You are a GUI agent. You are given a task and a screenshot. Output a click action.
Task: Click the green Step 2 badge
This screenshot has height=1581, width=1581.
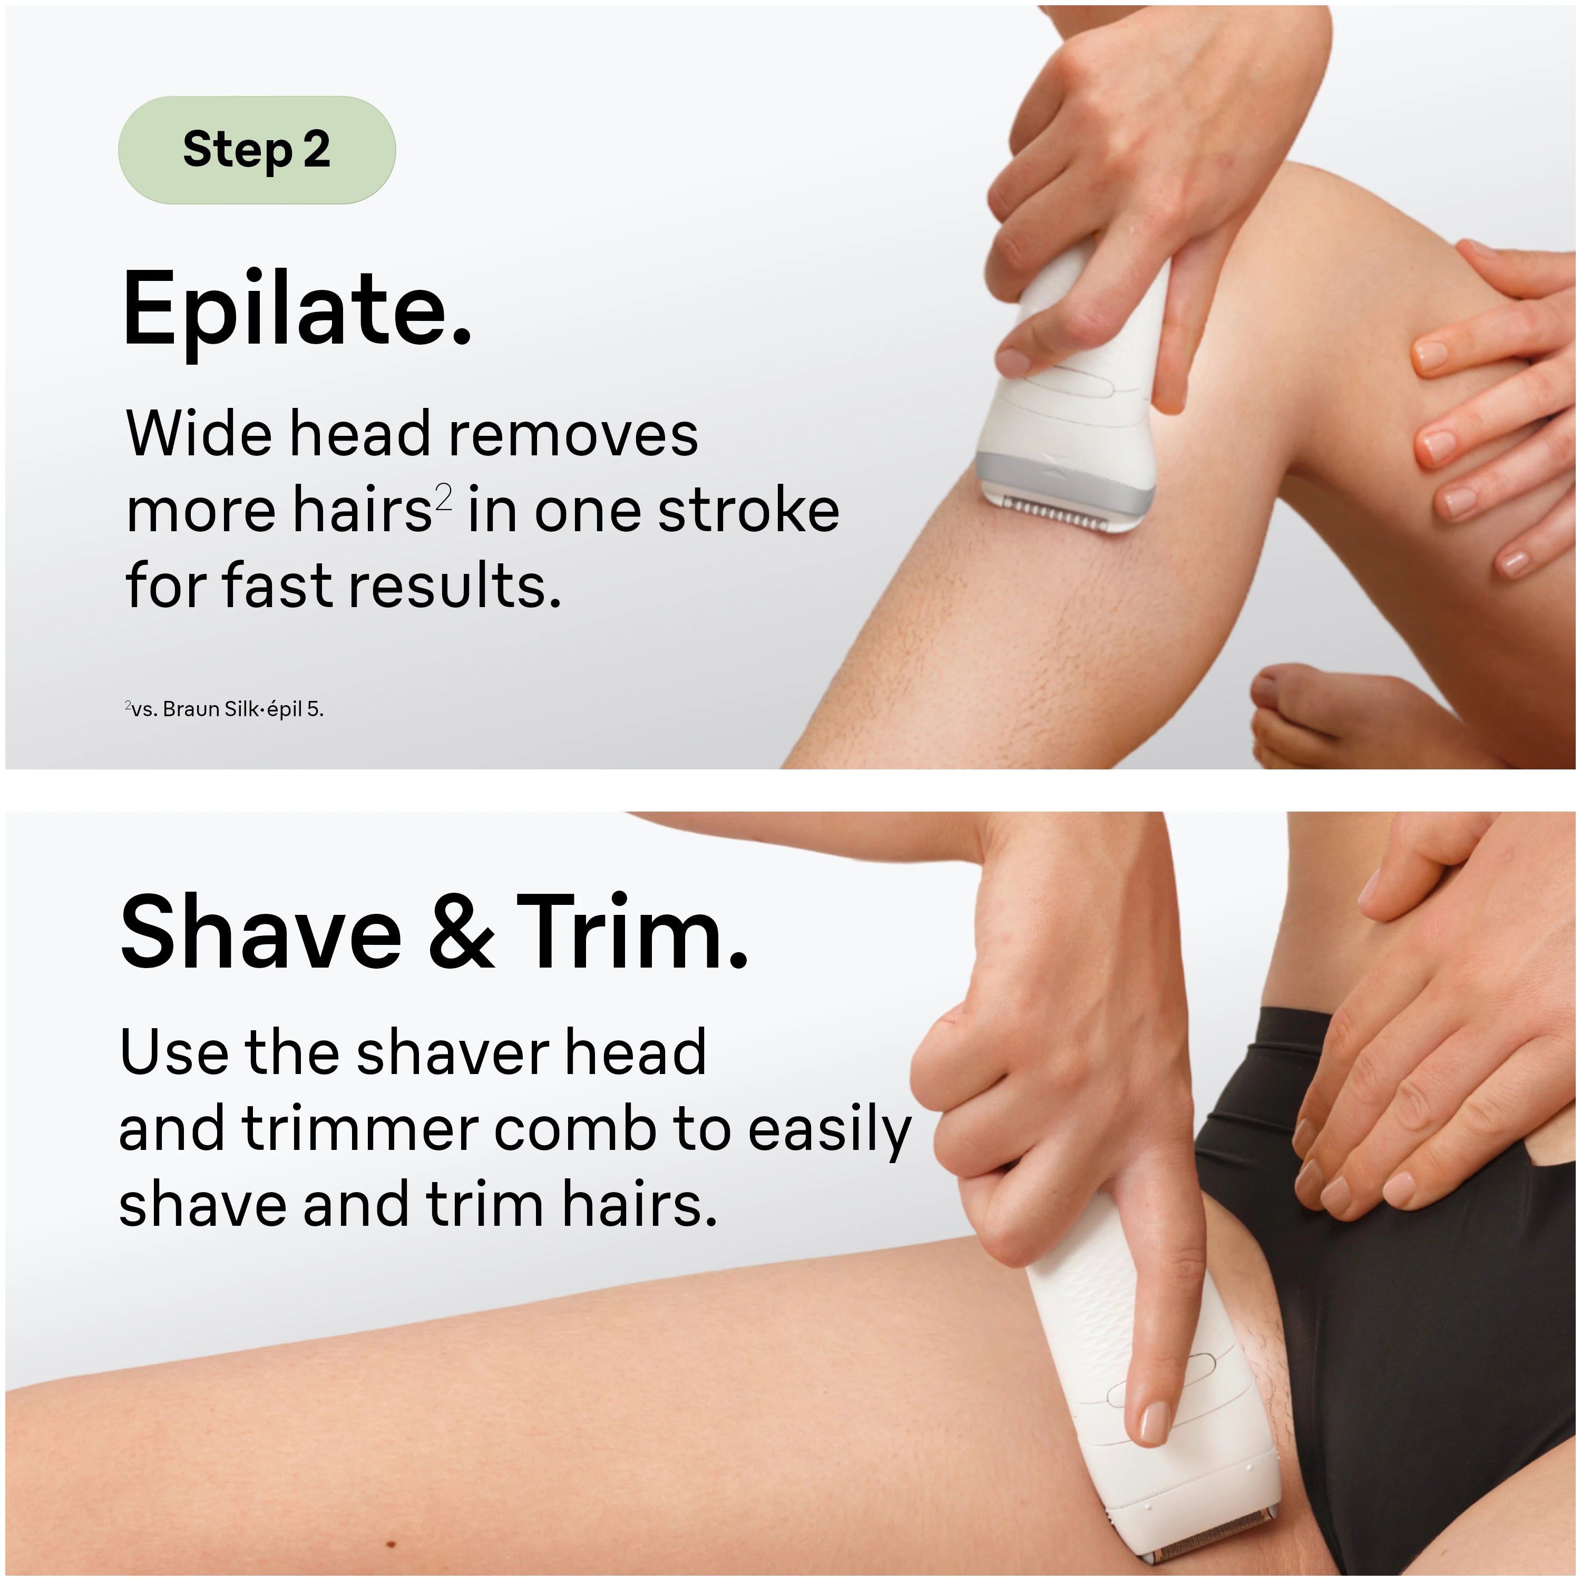point(257,150)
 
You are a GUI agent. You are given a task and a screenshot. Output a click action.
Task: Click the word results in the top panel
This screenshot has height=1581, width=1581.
point(456,587)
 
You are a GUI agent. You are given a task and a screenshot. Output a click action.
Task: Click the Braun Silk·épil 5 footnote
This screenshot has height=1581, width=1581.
point(225,709)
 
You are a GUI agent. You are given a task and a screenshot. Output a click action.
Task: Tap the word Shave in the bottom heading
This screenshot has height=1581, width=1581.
point(261,932)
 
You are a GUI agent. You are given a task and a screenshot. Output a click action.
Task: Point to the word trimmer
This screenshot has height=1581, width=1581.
point(361,1129)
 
